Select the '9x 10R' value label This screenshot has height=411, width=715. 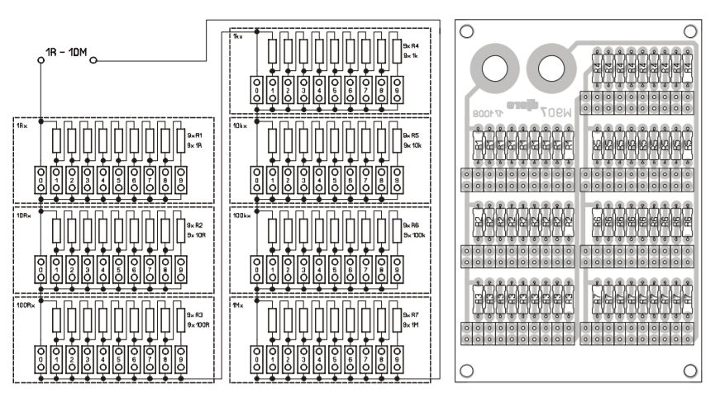[195, 234]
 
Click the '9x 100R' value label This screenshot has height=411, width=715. [197, 324]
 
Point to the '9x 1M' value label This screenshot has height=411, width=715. [411, 325]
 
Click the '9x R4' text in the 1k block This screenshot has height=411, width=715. [411, 45]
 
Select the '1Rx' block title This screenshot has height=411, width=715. [21, 125]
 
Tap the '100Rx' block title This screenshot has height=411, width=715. [24, 305]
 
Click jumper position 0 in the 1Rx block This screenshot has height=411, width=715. [40, 181]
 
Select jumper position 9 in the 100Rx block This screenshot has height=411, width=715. [180, 360]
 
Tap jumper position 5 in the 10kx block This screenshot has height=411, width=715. [335, 181]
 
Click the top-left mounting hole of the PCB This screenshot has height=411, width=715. [468, 31]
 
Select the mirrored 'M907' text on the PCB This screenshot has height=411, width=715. [554, 106]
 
